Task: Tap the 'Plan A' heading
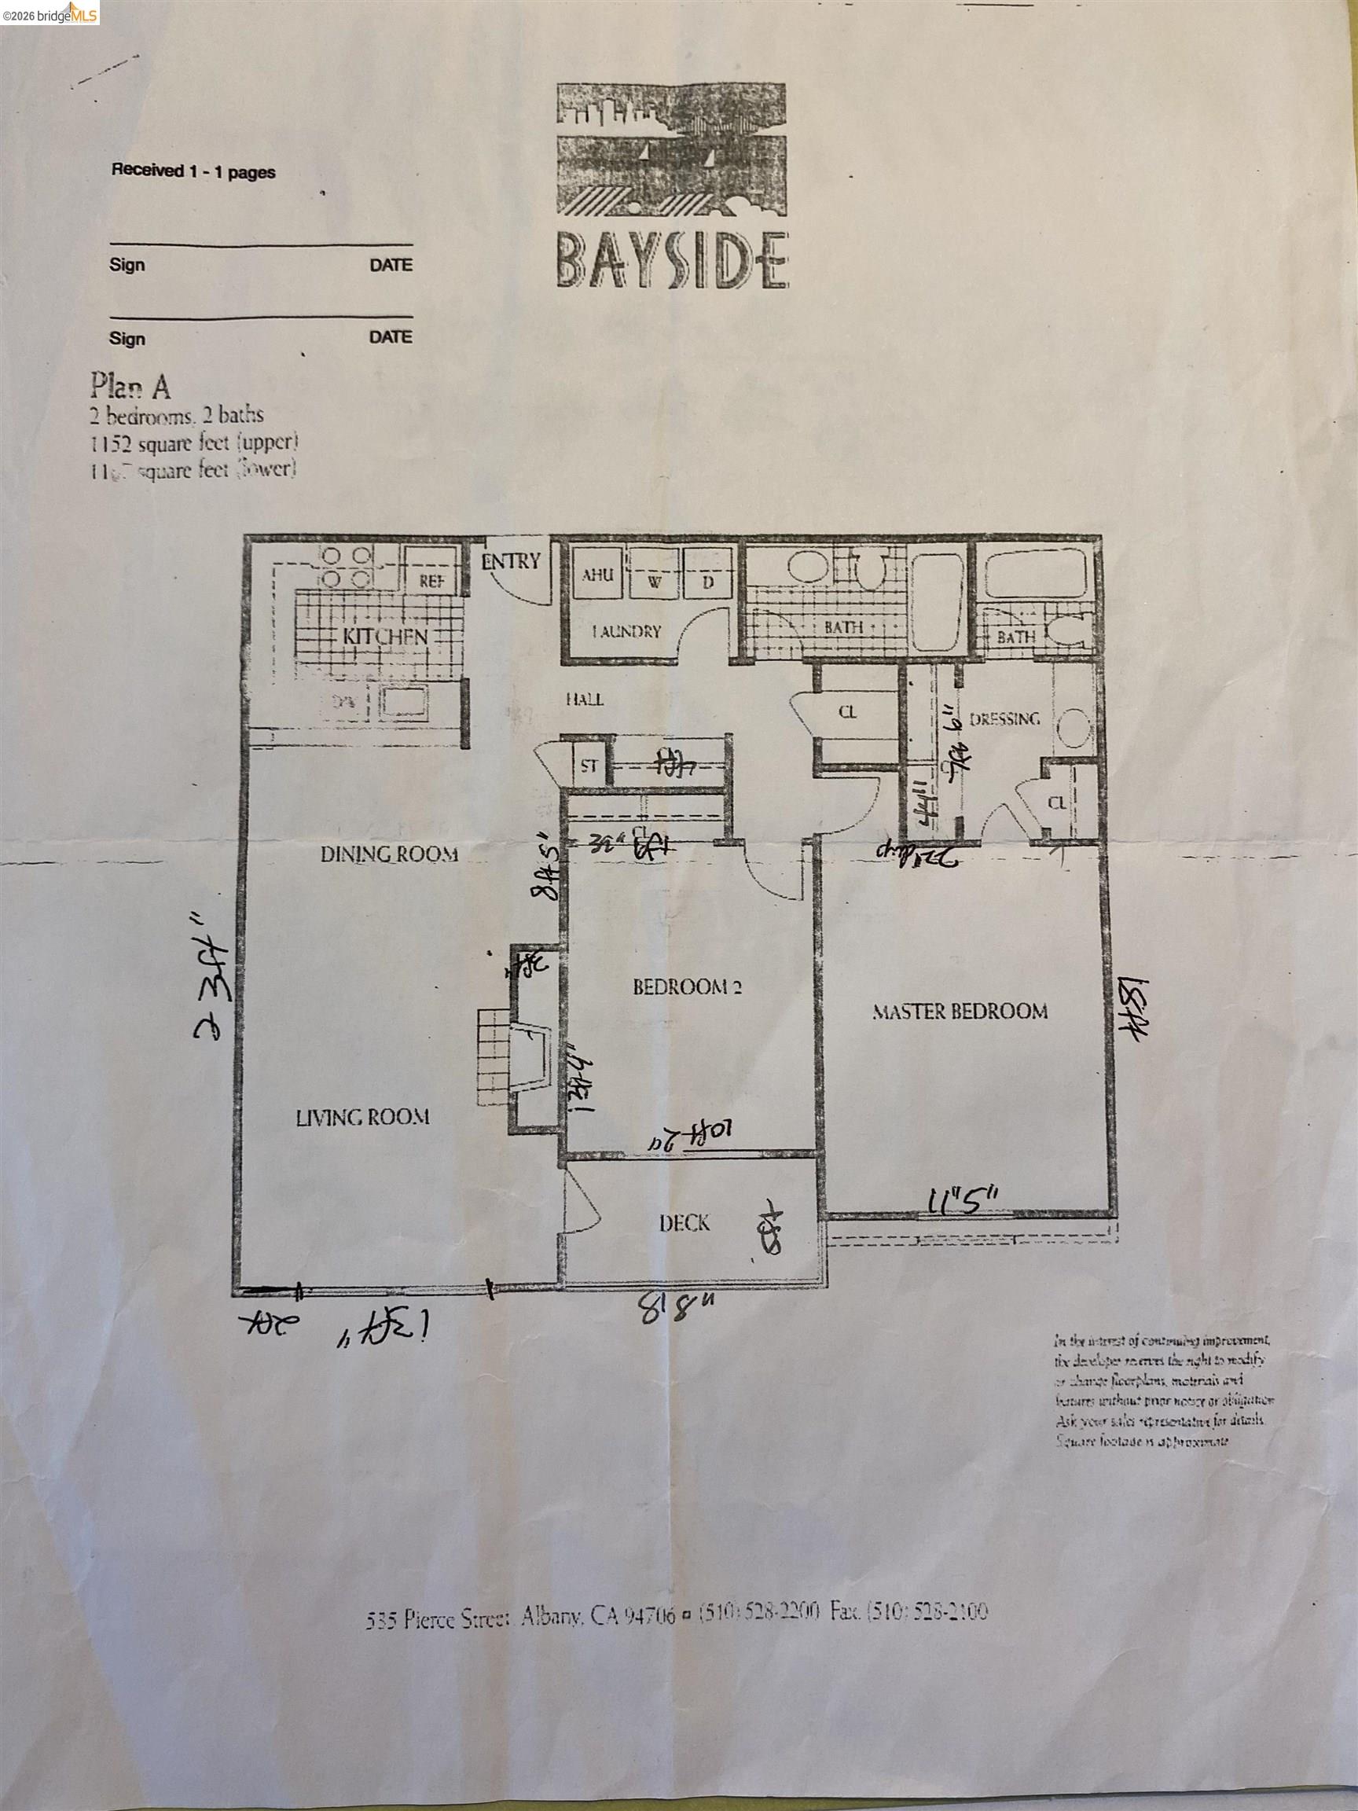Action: tap(131, 386)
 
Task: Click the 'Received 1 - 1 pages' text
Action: tap(193, 172)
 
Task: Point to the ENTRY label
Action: tap(511, 562)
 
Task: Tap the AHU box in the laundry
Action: tap(597, 575)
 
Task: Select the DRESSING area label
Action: tap(1004, 719)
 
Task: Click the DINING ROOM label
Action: tap(388, 854)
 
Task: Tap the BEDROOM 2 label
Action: tap(687, 987)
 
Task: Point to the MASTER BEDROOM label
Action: tap(960, 1011)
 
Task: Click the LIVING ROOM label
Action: tap(362, 1117)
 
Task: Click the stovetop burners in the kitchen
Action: tap(343, 567)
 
